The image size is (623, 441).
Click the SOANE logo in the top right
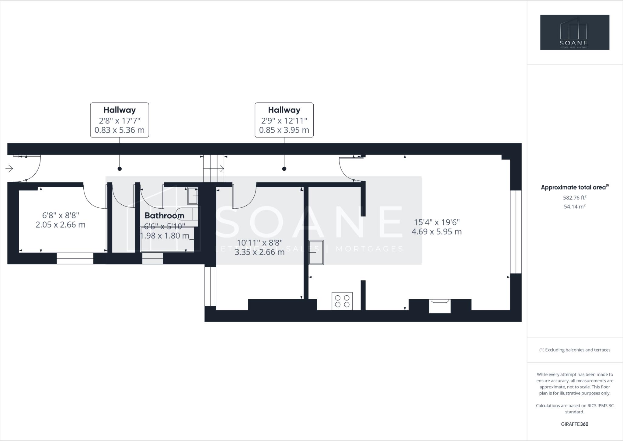pos(575,32)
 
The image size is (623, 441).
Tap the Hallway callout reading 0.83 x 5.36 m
pos(120,120)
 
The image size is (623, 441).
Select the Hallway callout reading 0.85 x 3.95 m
pos(284,120)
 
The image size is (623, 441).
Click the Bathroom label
pos(164,216)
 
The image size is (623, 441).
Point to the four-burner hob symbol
pos(342,301)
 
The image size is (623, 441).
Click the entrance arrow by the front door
pos(9,168)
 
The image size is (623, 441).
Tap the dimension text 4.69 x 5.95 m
pos(437,232)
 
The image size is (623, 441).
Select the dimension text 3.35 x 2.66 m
pos(259,252)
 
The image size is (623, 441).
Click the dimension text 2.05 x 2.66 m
pos(61,225)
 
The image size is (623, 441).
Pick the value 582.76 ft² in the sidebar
pos(575,198)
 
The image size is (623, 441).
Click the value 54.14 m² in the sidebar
pos(575,207)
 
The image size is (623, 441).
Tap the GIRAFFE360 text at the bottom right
pos(575,424)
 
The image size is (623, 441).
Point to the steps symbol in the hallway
pos(214,168)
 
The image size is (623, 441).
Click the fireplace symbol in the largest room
pos(440,305)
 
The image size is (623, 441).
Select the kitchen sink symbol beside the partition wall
pos(316,252)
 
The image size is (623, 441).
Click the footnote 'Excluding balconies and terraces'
pos(575,350)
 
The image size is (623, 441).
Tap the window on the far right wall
pos(516,232)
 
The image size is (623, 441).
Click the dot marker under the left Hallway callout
pos(120,169)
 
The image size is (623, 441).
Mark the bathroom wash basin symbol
pos(193,196)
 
